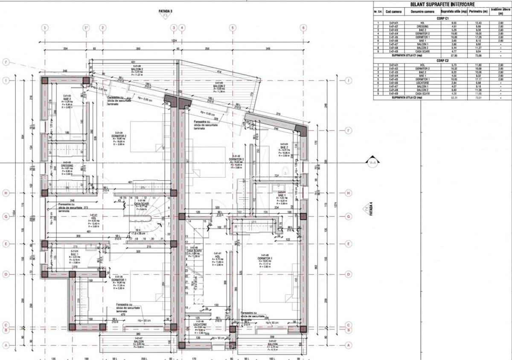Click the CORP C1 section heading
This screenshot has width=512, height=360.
442,18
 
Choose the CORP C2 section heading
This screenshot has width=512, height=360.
442,60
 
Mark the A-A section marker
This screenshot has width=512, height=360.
372,163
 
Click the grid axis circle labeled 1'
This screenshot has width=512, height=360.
86,28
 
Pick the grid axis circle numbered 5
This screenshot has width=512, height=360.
233,28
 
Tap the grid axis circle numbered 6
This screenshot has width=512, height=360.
303,28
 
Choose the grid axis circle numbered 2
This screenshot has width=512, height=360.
102,28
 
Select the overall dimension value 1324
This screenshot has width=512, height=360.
174,41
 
